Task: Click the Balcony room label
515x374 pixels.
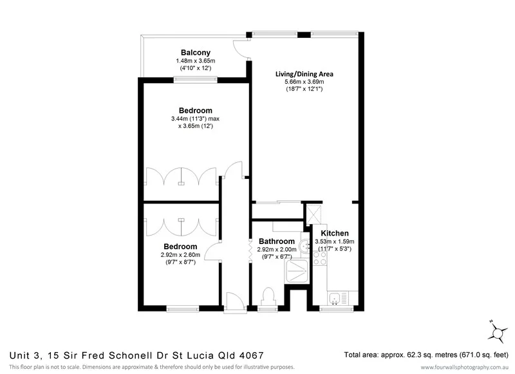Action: [195, 52]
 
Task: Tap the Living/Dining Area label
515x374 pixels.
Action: [304, 73]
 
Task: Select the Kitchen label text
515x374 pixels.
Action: [335, 233]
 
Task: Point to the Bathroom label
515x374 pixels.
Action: [277, 241]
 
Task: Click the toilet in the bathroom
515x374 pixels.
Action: [269, 297]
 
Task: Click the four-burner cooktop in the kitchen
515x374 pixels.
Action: [320, 259]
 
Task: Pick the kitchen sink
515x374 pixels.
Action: [335, 297]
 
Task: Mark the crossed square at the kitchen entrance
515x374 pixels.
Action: [315, 213]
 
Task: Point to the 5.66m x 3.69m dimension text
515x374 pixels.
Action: [304, 82]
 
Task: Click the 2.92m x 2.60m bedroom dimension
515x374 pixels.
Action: [180, 255]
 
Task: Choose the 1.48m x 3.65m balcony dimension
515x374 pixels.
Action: [195, 61]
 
